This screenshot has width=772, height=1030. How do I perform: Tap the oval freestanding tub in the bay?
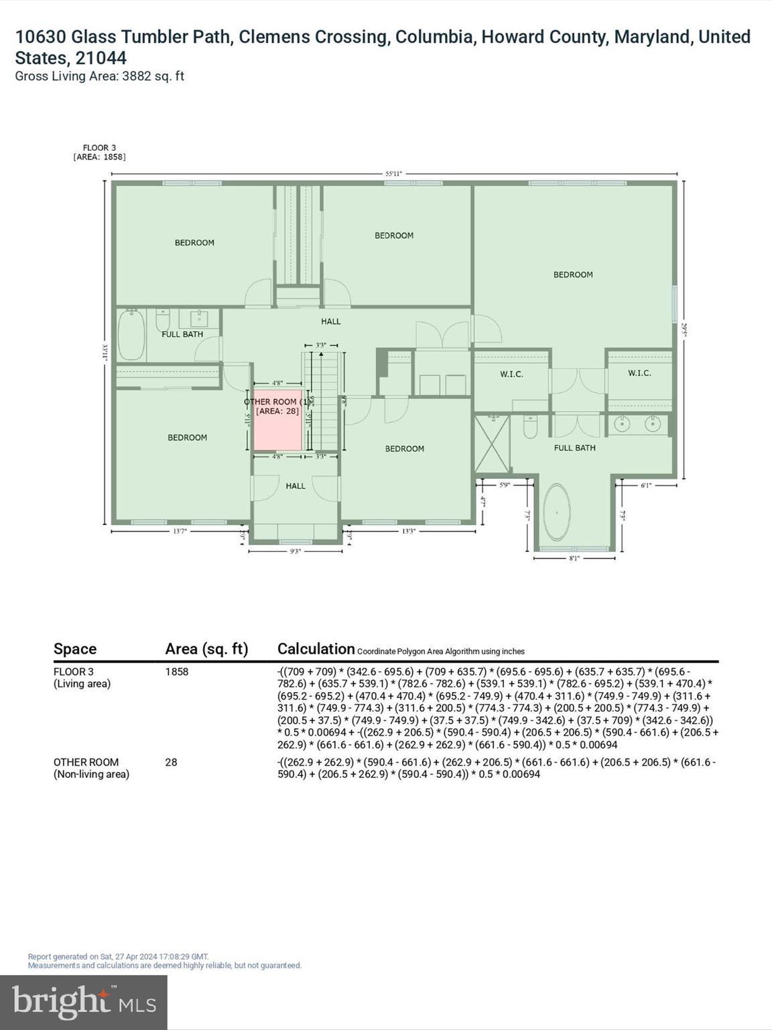[x=556, y=513]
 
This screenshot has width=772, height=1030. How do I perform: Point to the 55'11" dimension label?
[x=393, y=174]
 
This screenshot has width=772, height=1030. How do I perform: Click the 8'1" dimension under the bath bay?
[x=574, y=558]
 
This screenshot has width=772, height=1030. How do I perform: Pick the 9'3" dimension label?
[x=295, y=551]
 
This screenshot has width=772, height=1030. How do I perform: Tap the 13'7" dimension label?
[x=180, y=531]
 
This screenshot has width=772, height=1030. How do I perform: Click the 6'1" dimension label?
[x=646, y=485]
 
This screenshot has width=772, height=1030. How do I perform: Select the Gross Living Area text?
[x=100, y=76]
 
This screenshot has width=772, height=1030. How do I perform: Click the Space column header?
[x=75, y=648]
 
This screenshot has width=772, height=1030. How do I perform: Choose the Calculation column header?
[x=316, y=648]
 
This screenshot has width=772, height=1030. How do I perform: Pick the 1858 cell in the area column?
[x=177, y=671]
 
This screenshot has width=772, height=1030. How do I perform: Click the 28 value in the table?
[x=172, y=762]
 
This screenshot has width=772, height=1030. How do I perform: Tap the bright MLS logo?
[x=84, y=1002]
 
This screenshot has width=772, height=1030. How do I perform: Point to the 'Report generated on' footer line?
[x=119, y=956]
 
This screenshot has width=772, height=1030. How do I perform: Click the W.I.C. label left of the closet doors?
[x=511, y=374]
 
